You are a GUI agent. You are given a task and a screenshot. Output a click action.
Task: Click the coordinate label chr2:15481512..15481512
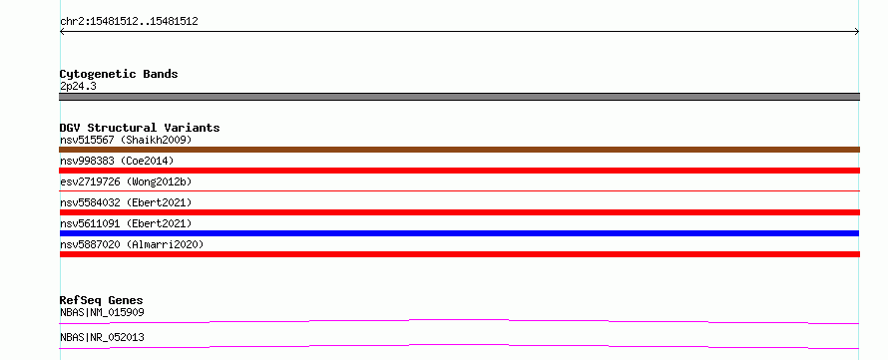pyautogui.click(x=129, y=22)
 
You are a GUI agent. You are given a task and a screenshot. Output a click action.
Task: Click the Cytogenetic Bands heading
pyautogui.click(x=119, y=74)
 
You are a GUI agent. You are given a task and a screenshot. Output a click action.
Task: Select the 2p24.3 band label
pyautogui.click(x=78, y=87)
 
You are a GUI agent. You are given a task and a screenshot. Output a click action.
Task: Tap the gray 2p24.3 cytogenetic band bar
pyautogui.click(x=459, y=97)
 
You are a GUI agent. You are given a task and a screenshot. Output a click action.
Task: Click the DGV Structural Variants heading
pyautogui.click(x=140, y=128)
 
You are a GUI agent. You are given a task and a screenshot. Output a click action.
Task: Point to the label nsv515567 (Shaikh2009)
pyautogui.click(x=126, y=140)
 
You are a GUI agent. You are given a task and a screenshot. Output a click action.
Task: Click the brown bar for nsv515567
pyautogui.click(x=459, y=150)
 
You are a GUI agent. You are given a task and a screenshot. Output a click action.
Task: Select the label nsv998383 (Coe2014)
pyautogui.click(x=117, y=162)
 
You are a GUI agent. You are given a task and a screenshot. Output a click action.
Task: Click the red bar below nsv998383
pyautogui.click(x=459, y=171)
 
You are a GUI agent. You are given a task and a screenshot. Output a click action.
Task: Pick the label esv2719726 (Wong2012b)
pyautogui.click(x=126, y=181)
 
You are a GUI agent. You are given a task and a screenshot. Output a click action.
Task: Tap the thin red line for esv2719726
pyautogui.click(x=459, y=191)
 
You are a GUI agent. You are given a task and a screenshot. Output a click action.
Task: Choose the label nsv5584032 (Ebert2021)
pyautogui.click(x=126, y=202)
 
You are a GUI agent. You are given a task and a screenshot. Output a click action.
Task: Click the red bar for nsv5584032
pyautogui.click(x=459, y=212)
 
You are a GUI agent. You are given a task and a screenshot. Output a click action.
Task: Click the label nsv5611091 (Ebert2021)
pyautogui.click(x=126, y=223)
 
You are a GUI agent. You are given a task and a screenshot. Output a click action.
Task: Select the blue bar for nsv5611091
pyautogui.click(x=459, y=233)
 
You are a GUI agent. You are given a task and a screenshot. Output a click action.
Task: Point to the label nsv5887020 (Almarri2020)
pyautogui.click(x=132, y=244)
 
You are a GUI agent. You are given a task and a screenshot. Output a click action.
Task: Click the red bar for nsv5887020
pyautogui.click(x=459, y=254)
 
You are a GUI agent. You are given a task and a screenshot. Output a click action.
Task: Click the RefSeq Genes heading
pyautogui.click(x=102, y=300)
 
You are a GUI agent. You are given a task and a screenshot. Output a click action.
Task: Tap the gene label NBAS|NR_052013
pyautogui.click(x=102, y=338)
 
